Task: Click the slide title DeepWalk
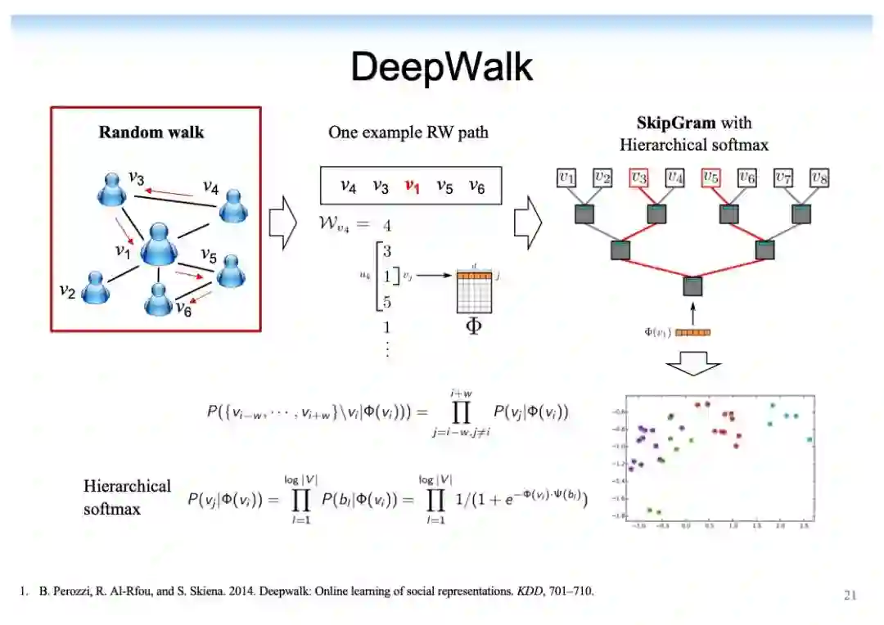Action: [x=442, y=66]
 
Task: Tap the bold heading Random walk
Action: [x=151, y=132]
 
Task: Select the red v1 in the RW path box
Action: [x=412, y=187]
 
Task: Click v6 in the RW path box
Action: [x=476, y=187]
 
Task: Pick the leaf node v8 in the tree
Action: [x=819, y=177]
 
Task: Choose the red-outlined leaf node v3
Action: [x=638, y=177]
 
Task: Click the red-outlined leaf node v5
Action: [x=710, y=177]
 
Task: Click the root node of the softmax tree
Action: [x=692, y=286]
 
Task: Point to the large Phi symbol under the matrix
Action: [x=473, y=330]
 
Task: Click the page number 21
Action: [x=850, y=596]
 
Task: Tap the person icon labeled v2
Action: [x=96, y=287]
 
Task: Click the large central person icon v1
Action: [x=159, y=242]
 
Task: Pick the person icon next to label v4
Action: [x=233, y=207]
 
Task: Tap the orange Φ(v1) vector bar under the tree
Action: [x=693, y=332]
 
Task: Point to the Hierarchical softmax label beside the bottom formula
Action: [x=127, y=497]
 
